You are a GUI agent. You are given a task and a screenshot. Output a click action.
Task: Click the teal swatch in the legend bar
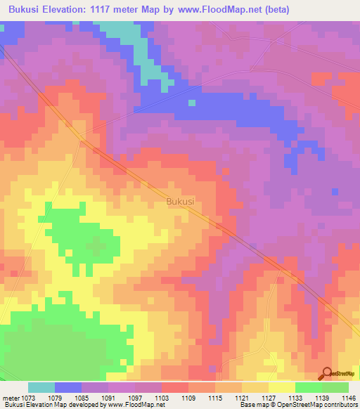(41, 387)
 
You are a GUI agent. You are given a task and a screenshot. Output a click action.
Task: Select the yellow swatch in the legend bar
(282, 387)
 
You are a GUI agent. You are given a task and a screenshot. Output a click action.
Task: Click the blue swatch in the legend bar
(68, 387)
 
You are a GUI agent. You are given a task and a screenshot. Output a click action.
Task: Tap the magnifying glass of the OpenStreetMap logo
(326, 374)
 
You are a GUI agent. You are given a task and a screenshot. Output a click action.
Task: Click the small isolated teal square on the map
(191, 103)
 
